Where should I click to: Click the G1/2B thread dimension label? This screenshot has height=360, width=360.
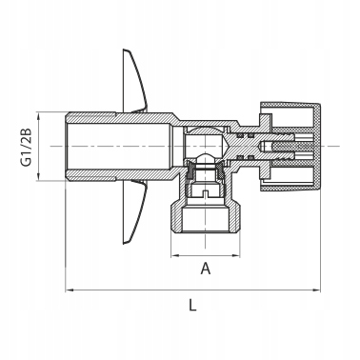pos(26,147)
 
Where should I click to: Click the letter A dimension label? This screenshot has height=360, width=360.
pos(206,269)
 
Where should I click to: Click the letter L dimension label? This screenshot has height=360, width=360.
pos(192,306)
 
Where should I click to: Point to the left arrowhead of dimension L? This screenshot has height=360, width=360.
pos(69,290)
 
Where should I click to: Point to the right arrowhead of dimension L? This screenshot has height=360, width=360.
pos(316,290)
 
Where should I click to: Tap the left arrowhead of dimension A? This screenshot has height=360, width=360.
pos(175,255)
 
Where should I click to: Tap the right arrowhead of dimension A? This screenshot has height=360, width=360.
pos(236,255)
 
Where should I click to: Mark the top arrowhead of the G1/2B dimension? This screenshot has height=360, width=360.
pos(39,116)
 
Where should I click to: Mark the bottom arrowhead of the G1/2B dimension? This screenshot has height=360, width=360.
pos(39,177)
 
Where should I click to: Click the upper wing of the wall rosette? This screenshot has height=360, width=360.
pos(136,81)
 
